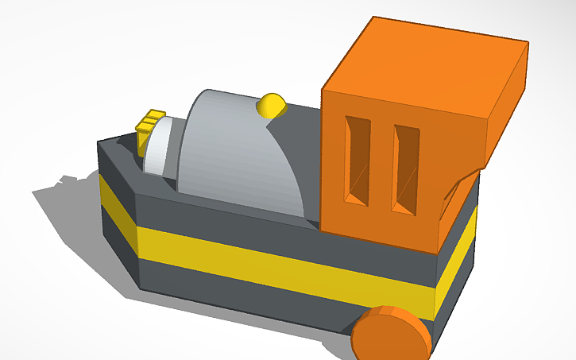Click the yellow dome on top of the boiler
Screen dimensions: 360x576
click(272, 104)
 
